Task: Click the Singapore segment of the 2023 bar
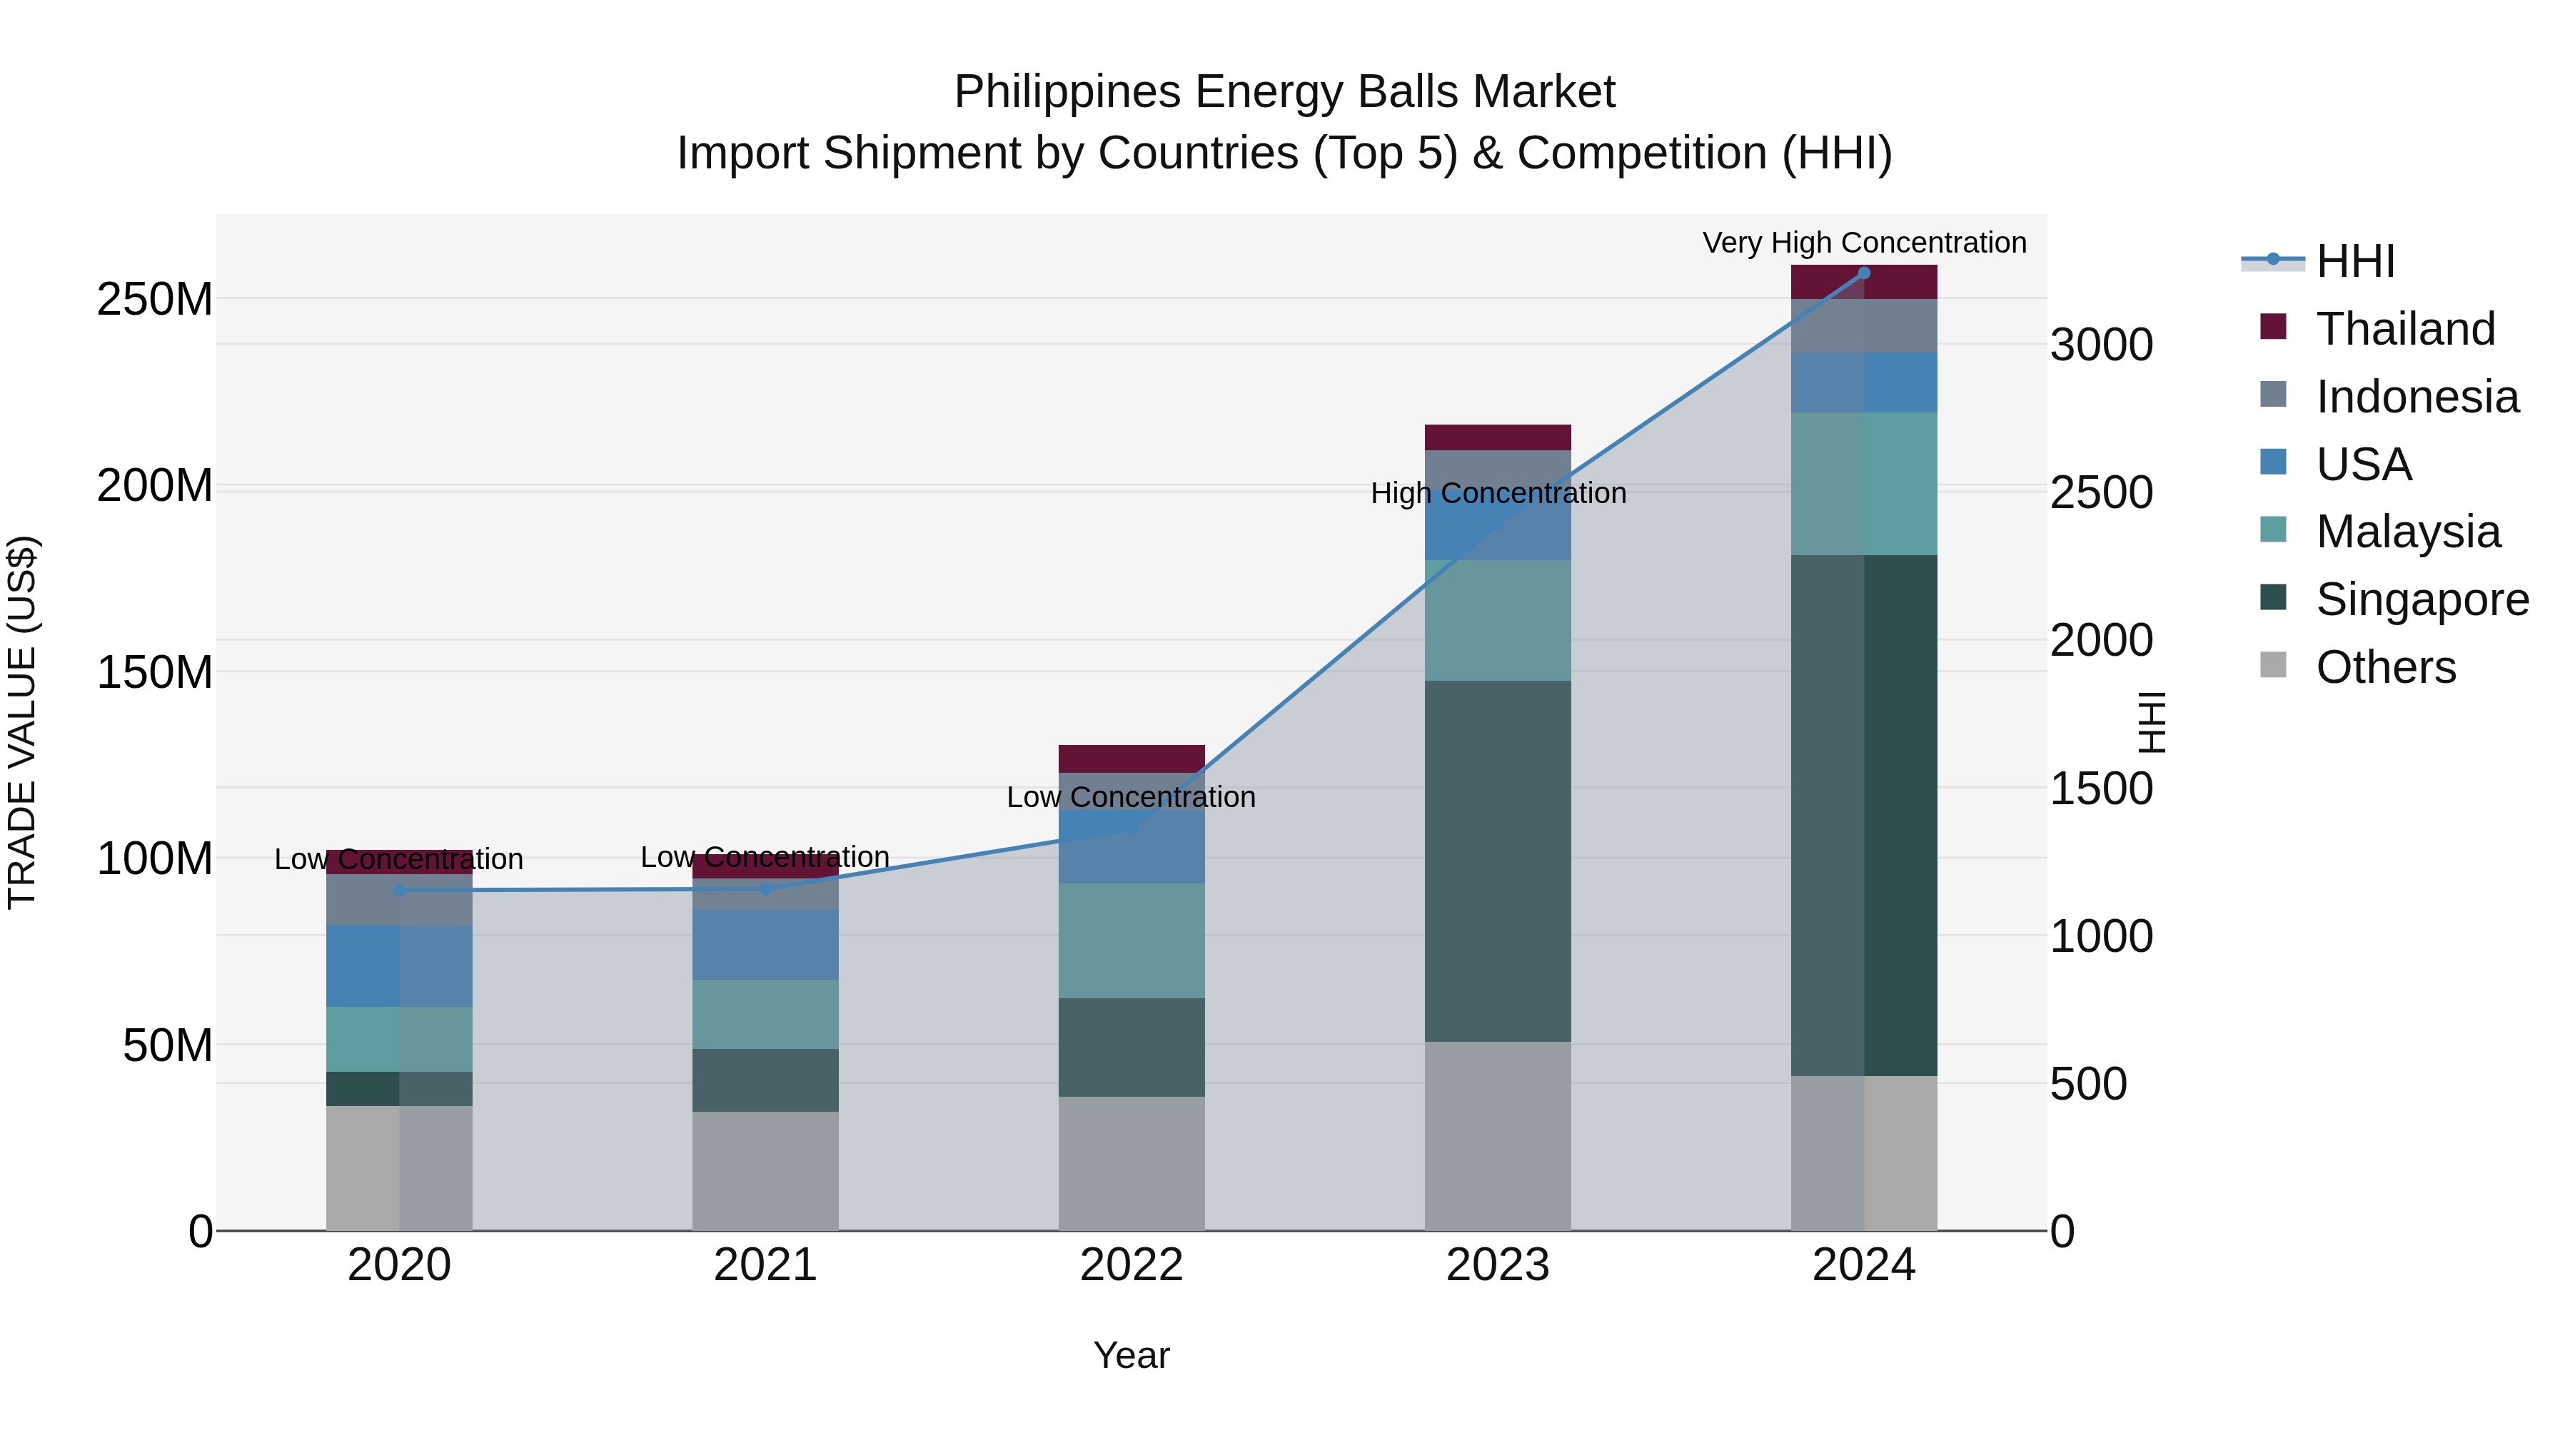tap(1498, 861)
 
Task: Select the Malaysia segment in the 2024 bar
tap(1864, 484)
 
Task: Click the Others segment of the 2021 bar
tap(765, 1171)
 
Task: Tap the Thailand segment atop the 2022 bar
tap(1132, 758)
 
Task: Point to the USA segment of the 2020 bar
tap(399, 965)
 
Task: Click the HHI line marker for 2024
tap(1864, 273)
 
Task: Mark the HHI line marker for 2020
tap(399, 890)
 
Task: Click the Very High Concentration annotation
tap(1864, 243)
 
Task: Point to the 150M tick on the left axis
tap(155, 672)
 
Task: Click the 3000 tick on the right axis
tap(2101, 345)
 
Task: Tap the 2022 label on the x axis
tap(1132, 1265)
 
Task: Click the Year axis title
tap(1132, 1355)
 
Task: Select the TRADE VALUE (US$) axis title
tap(23, 722)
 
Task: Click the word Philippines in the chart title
tap(1067, 92)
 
